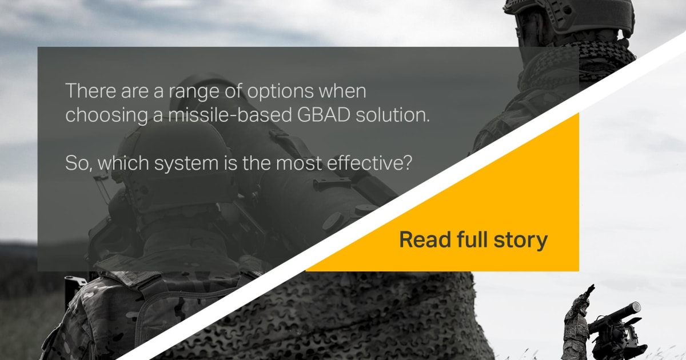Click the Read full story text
coord(473,239)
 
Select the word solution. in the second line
coord(392,115)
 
